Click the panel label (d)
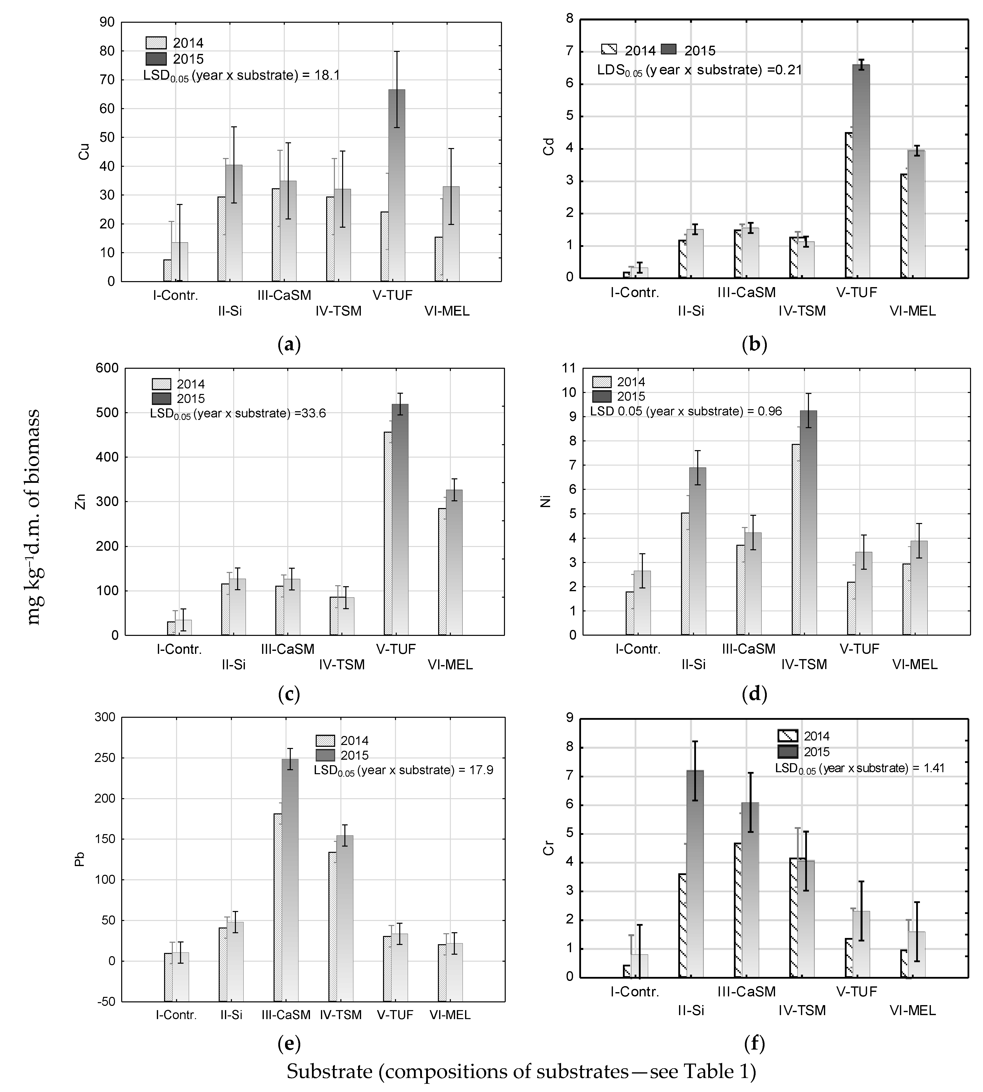tap(755, 694)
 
